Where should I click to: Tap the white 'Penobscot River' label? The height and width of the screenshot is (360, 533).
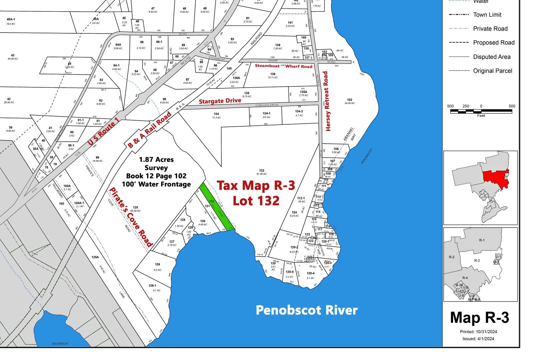coord(306,310)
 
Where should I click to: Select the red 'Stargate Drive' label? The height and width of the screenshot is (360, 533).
coord(220,101)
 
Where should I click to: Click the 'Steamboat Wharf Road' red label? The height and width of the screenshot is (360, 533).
coord(283,66)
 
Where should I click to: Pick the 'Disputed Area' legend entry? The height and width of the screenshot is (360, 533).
coord(492,57)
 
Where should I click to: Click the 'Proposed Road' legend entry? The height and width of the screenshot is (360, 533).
coord(494,43)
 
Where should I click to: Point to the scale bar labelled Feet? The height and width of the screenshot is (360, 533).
coord(481,111)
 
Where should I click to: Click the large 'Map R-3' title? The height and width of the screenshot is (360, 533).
coord(480,318)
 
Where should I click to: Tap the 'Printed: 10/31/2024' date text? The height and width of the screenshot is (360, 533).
coord(478,332)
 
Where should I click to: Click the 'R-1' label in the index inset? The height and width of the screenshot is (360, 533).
coord(482,240)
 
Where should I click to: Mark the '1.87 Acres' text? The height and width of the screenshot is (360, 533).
coord(156,160)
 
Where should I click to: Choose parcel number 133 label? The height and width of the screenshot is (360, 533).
coord(262,171)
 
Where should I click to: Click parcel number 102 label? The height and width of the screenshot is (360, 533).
coord(349,100)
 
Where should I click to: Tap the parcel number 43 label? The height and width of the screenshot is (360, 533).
coord(13,55)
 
